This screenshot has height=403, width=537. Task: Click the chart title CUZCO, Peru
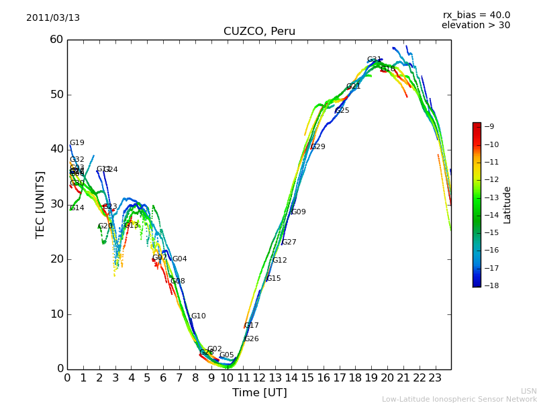259,32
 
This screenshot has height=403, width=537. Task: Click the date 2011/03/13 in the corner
53,17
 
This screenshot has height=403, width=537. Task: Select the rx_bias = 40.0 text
477,15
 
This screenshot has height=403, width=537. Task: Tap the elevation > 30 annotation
476,26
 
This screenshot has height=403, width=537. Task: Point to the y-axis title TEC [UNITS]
40,204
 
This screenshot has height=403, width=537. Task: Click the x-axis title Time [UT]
259,392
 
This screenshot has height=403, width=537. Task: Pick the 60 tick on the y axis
56,40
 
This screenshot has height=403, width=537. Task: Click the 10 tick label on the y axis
56,314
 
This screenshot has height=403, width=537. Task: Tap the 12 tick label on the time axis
259,378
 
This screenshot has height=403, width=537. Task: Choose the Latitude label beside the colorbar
507,205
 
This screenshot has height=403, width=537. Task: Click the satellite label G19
77,143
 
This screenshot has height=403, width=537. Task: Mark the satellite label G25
342,111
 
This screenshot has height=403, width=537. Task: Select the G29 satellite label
318,147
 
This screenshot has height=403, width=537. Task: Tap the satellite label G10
199,316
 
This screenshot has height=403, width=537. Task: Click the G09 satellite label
299,212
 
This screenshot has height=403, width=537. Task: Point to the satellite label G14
77,208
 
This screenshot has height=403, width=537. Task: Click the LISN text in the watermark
529,391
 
